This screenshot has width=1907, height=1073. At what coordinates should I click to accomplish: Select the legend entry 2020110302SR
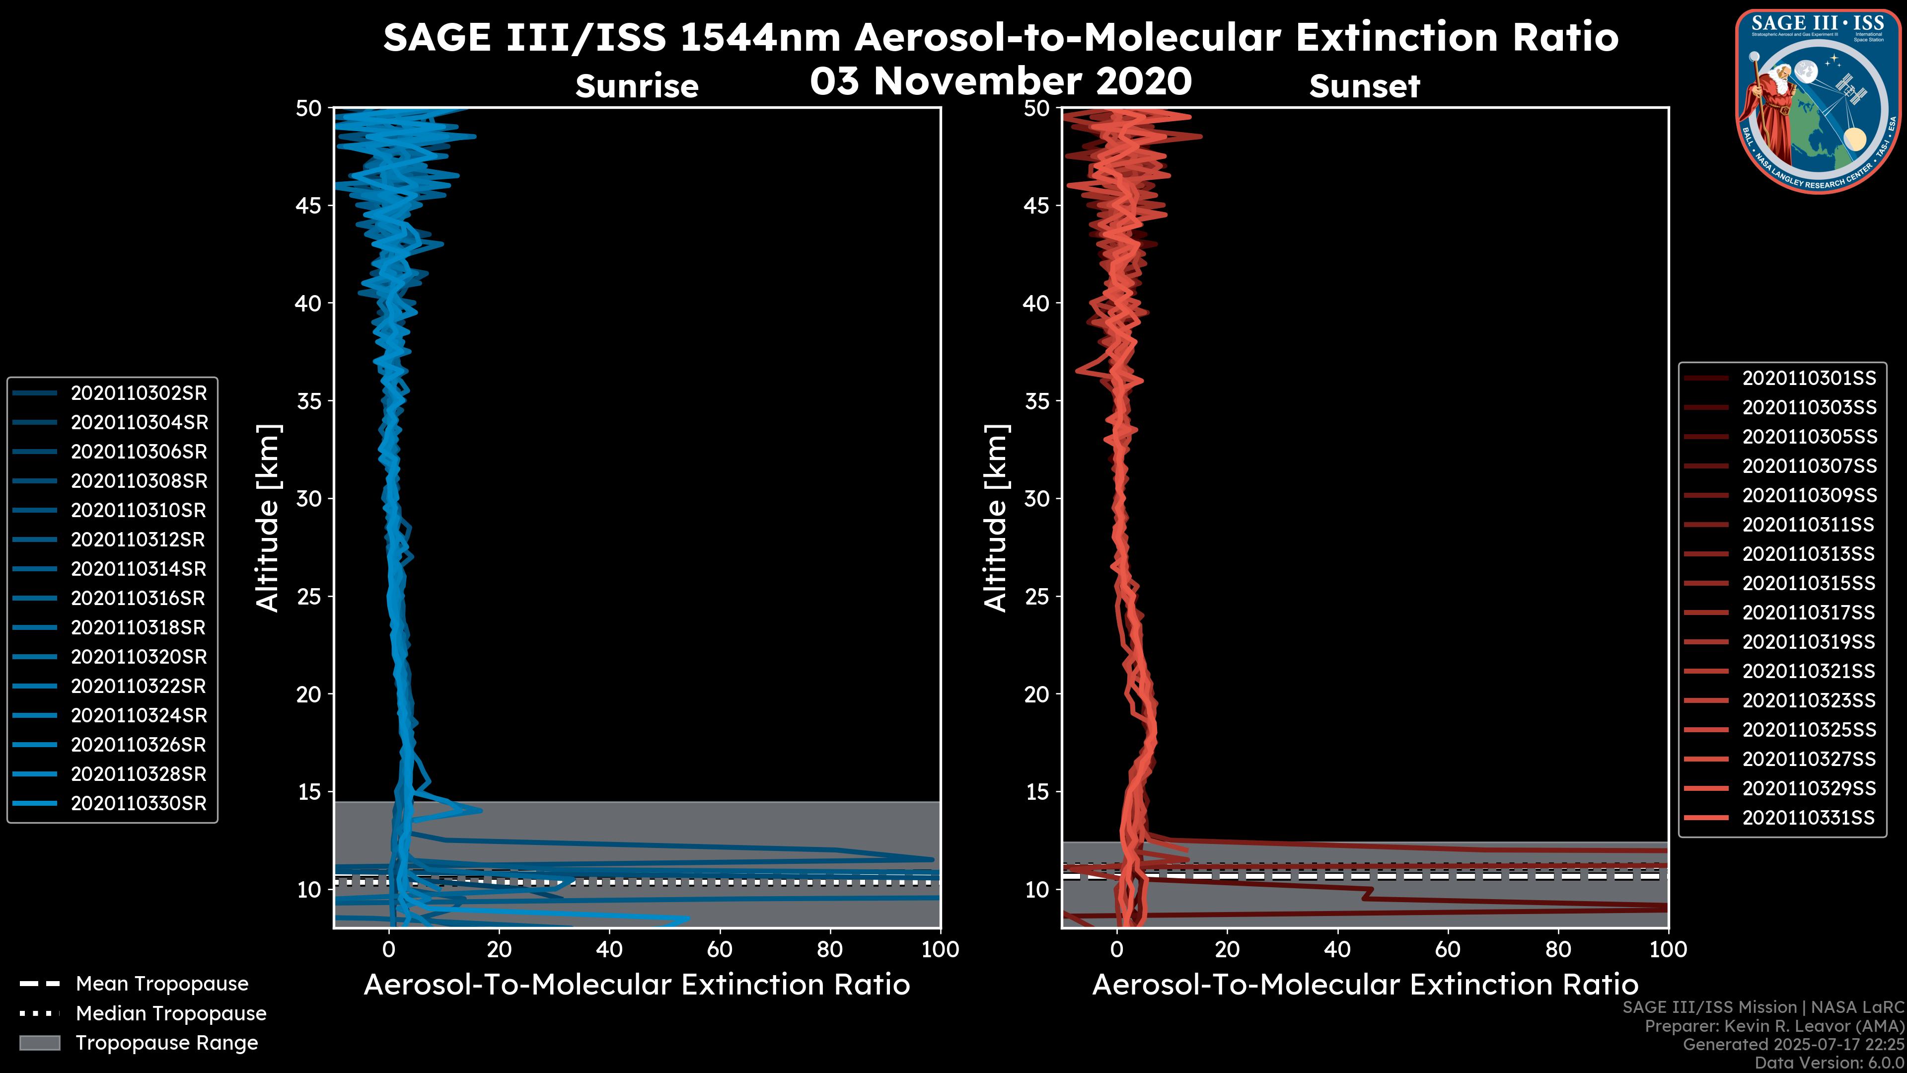(139, 393)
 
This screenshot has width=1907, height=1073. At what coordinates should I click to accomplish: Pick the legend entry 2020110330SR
(139, 803)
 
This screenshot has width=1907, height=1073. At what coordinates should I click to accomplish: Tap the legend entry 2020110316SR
(139, 598)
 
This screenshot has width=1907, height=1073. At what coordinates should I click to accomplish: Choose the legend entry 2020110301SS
(1809, 379)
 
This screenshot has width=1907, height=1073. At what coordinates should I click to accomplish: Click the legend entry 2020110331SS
(1809, 818)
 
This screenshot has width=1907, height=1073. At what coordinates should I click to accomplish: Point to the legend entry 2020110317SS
(1809, 613)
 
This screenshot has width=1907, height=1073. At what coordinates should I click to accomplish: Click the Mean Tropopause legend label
(162, 984)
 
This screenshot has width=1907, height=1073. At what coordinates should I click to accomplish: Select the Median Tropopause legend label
(171, 1014)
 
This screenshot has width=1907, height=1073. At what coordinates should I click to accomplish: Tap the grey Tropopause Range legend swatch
(40, 1043)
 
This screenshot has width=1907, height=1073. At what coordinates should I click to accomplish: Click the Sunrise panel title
(637, 86)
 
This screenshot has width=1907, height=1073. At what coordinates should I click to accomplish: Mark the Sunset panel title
(1364, 86)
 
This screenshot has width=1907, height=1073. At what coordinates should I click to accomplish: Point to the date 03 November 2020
(1001, 81)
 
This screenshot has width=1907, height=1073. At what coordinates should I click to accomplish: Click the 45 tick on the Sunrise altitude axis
(309, 205)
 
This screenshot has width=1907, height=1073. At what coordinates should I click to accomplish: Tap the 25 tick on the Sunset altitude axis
(1037, 596)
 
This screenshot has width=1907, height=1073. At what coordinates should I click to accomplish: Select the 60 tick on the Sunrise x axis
(720, 949)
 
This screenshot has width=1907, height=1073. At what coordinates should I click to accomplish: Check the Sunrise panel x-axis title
(637, 985)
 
